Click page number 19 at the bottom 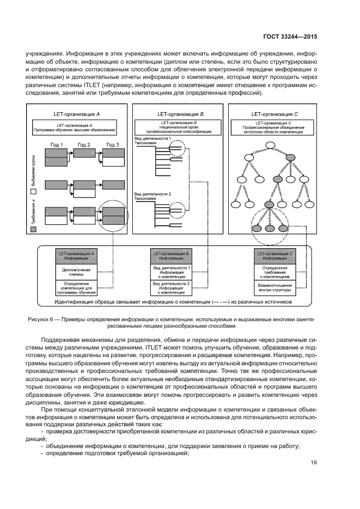(314, 463)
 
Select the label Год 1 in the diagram (57, 144)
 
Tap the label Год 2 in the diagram (84, 144)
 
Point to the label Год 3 (113, 144)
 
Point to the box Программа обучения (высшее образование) (74, 128)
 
